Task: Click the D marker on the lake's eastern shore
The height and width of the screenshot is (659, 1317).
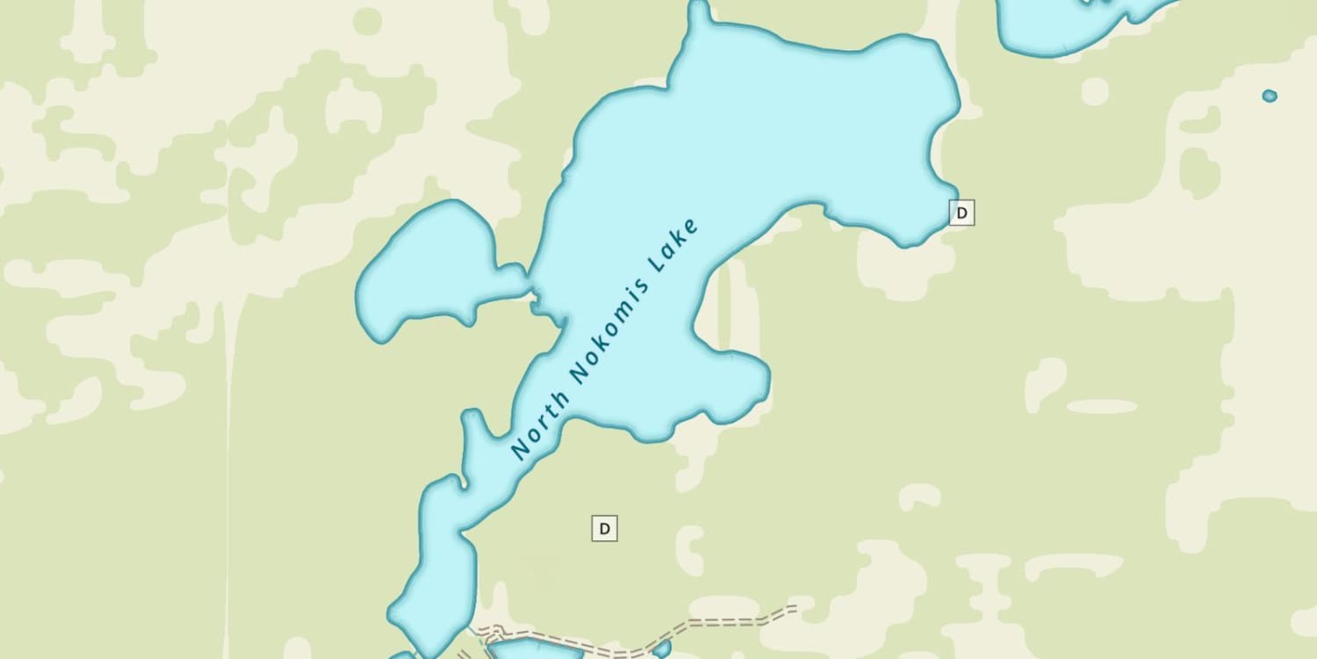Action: pos(961,213)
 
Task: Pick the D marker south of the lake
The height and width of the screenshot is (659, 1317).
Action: pos(604,528)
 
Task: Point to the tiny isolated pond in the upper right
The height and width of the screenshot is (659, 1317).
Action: pos(1270,96)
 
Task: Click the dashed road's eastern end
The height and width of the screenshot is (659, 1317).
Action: pos(793,607)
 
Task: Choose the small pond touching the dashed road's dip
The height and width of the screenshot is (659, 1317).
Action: pos(661,649)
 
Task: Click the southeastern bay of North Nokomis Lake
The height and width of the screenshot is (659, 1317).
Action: pos(724,387)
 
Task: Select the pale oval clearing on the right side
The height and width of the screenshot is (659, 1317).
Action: pos(1102,407)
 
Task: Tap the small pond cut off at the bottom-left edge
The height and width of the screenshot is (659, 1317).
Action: pos(403,655)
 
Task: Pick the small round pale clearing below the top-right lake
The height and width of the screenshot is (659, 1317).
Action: pos(1095,91)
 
